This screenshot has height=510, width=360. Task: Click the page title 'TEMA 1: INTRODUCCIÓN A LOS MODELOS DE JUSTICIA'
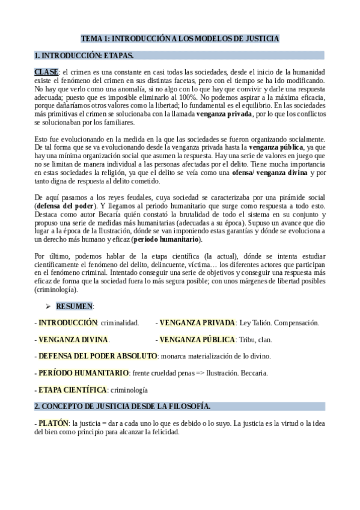click(180, 39)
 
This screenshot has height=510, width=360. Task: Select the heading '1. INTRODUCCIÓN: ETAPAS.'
click(84, 56)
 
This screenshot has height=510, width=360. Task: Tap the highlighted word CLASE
click(46, 73)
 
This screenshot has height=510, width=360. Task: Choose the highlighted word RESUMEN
click(74, 306)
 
